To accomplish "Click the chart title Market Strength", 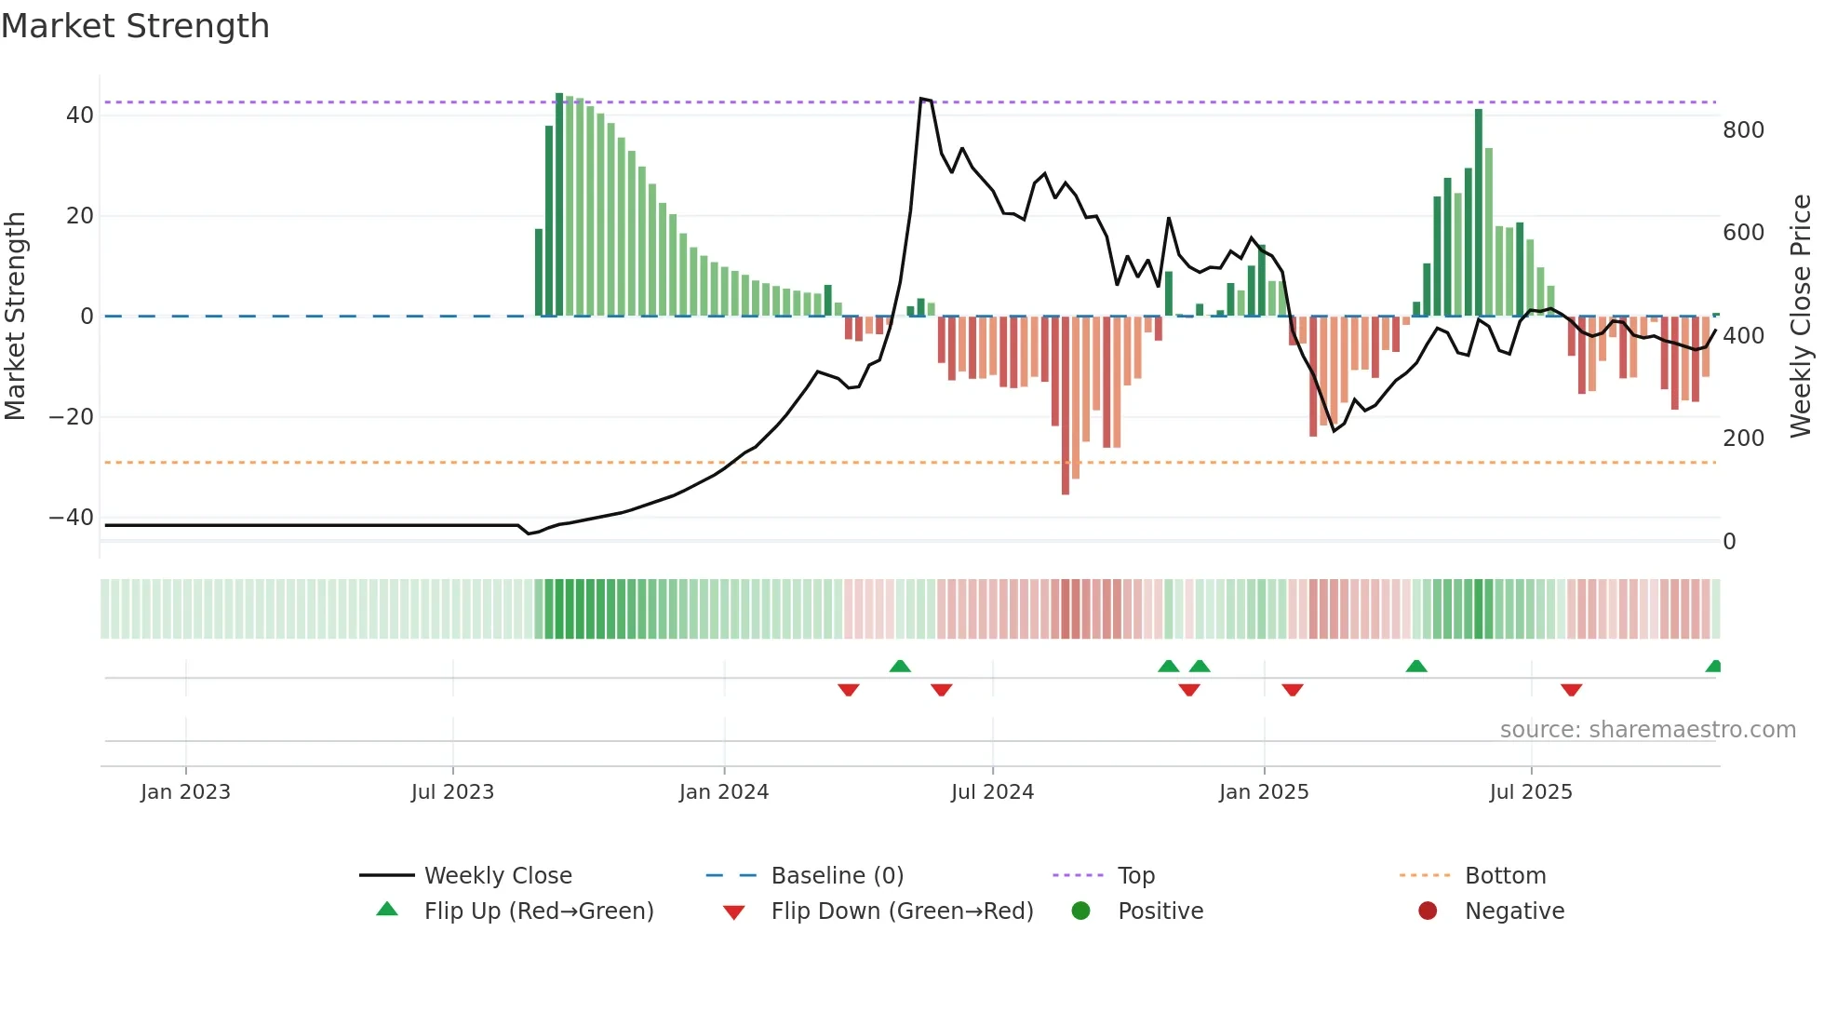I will click(136, 26).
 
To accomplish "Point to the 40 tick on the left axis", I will click(80, 115).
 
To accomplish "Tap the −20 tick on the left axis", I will click(72, 417).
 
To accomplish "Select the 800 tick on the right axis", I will click(1743, 130).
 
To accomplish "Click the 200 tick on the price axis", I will click(1743, 439).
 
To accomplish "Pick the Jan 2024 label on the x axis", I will click(723, 792).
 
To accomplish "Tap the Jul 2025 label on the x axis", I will click(1530, 792).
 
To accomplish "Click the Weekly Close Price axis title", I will click(1800, 317).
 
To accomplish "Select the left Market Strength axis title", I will click(15, 317).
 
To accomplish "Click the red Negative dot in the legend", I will click(1428, 911).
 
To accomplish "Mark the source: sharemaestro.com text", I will click(1647, 730).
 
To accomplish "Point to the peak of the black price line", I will click(921, 99).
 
